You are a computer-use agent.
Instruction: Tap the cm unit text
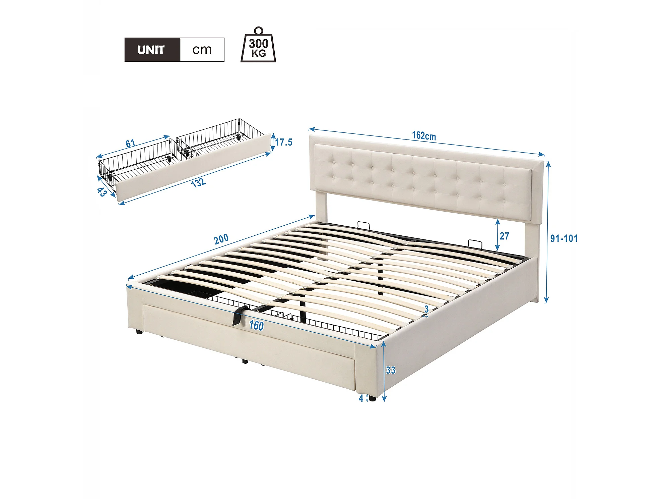click(202, 50)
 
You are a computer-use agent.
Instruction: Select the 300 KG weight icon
click(258, 45)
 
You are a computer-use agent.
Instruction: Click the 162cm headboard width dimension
click(424, 136)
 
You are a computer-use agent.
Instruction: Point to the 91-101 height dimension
click(564, 238)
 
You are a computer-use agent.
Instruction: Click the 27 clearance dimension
click(504, 236)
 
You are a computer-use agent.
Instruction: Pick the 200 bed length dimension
click(221, 239)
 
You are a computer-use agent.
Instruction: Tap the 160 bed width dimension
click(256, 326)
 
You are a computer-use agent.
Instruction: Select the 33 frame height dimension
click(390, 370)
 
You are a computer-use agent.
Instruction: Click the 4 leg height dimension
click(361, 398)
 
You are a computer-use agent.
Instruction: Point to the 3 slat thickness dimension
click(426, 309)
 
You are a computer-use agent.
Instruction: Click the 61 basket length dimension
click(130, 144)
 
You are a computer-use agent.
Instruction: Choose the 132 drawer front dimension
click(198, 183)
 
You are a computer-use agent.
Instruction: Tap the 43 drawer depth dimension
click(102, 192)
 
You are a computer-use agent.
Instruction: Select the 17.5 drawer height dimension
click(284, 142)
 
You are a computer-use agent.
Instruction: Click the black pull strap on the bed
click(239, 315)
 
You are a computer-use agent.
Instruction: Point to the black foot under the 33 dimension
click(372, 398)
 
